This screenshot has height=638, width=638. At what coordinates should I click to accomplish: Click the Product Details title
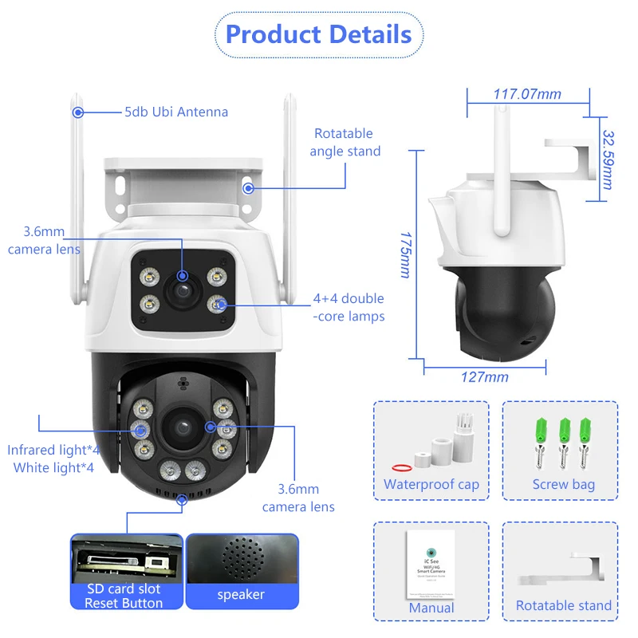[318, 34]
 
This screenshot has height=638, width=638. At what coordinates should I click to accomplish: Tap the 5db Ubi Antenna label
[175, 112]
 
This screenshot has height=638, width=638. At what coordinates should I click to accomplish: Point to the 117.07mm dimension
[527, 94]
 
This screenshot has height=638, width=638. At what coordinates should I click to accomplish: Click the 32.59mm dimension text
[607, 159]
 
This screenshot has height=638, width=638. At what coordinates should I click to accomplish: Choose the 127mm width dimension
[485, 376]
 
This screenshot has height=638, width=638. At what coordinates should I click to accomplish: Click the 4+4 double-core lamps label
[348, 307]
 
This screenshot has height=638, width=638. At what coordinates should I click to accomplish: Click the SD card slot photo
[125, 557]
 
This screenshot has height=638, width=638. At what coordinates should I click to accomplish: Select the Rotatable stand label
[563, 605]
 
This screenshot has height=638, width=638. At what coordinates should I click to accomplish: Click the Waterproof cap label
[431, 484]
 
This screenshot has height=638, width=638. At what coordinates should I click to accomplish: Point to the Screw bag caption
[563, 484]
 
